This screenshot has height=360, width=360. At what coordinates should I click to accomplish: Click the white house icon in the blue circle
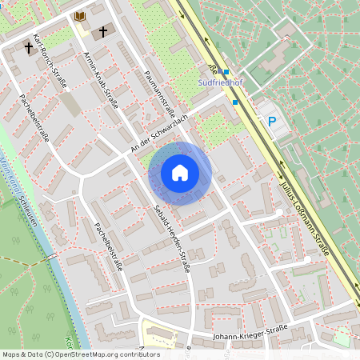point(180,173)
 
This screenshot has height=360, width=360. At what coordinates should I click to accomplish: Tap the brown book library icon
point(80,16)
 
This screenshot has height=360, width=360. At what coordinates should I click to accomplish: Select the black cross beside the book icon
point(102,32)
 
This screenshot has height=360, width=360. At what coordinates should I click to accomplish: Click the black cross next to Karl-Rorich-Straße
point(29,47)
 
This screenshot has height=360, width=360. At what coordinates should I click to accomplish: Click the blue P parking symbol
point(272,122)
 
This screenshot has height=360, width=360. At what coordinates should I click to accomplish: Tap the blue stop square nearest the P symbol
point(235,102)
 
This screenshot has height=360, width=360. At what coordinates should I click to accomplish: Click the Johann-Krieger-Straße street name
point(250,335)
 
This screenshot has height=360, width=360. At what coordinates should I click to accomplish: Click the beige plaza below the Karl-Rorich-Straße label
point(70,105)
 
